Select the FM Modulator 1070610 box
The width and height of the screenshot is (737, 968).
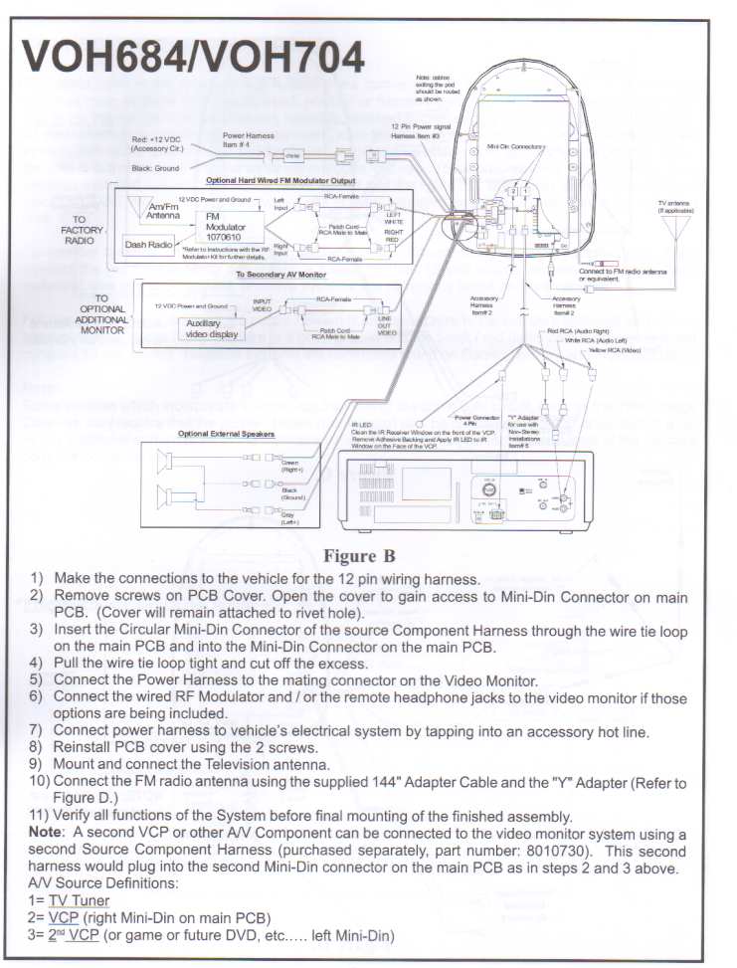(229, 226)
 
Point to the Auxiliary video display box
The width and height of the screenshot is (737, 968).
(210, 329)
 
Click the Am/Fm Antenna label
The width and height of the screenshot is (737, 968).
(163, 210)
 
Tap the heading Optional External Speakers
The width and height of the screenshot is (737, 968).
(226, 434)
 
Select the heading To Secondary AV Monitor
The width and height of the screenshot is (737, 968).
(280, 275)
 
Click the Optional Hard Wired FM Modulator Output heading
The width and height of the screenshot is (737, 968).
(279, 181)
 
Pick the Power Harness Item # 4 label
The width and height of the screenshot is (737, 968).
(249, 140)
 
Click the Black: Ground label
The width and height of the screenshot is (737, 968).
(155, 169)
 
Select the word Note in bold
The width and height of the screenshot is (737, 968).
(46, 831)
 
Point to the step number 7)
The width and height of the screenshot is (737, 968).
(36, 731)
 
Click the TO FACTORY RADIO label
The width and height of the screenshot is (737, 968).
(80, 230)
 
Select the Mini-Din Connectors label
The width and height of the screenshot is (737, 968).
(516, 146)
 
